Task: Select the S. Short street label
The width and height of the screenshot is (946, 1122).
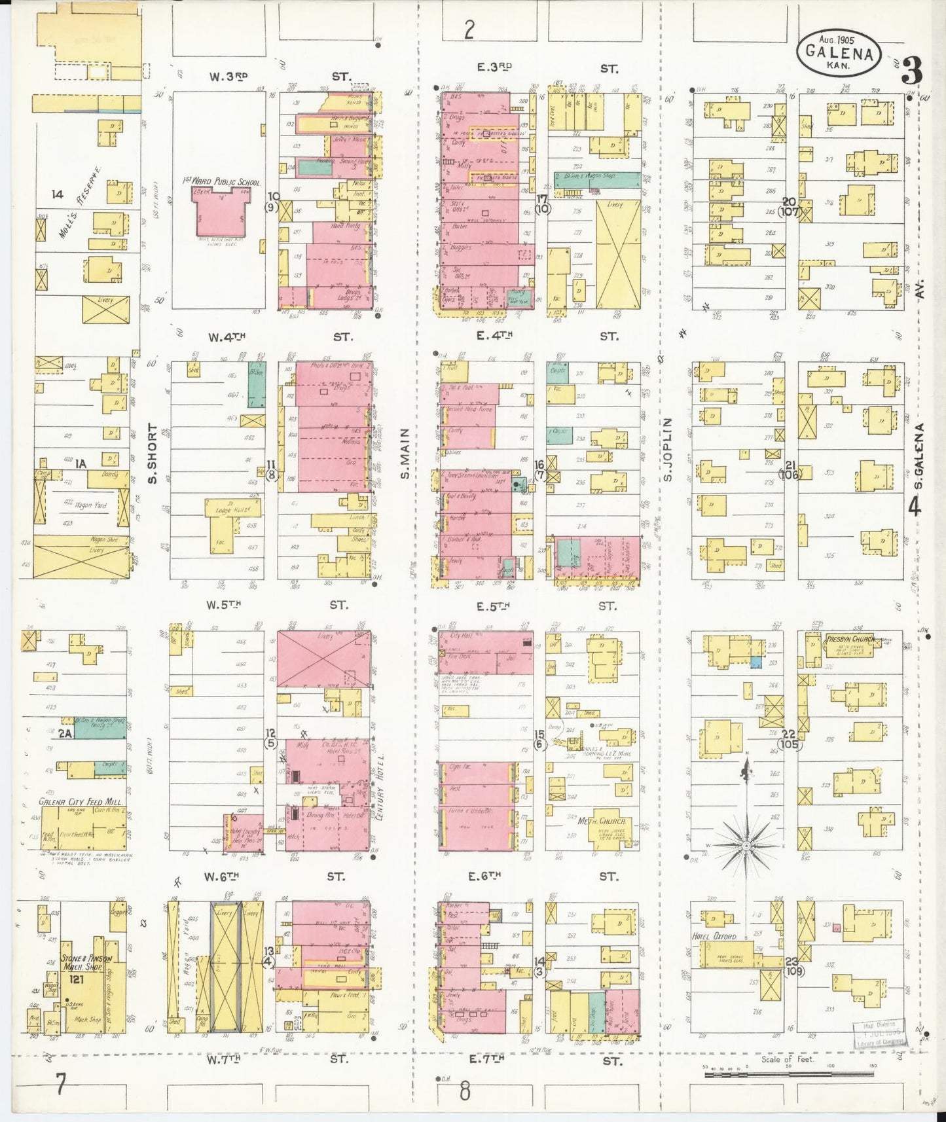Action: (x=153, y=454)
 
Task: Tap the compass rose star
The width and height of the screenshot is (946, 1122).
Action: (x=746, y=845)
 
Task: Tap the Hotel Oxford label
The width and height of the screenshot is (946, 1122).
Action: (x=714, y=937)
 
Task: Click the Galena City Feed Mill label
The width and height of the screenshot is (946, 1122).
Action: (x=80, y=801)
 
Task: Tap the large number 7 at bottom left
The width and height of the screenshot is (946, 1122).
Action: (x=60, y=1085)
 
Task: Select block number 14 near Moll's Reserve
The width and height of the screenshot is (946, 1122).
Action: (x=58, y=194)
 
